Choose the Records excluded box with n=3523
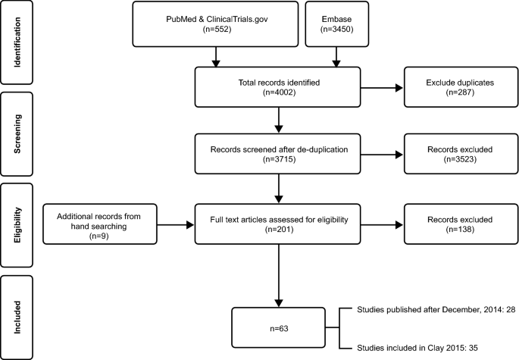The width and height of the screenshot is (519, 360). coord(452,155)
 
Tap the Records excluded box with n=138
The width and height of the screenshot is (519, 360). coord(452,224)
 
